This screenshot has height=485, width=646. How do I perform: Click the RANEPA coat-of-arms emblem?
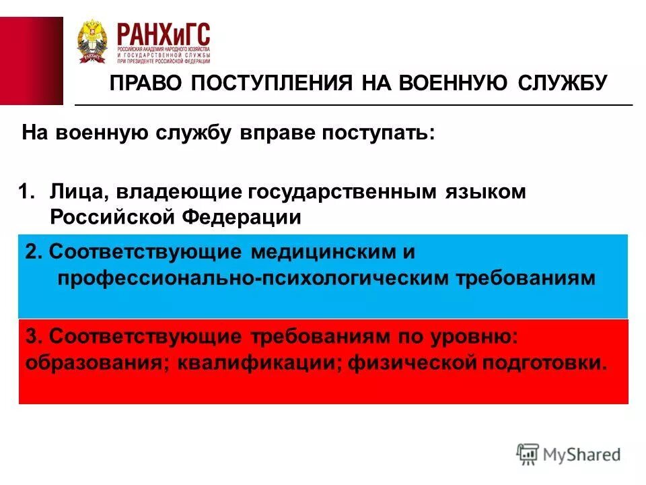tap(92, 42)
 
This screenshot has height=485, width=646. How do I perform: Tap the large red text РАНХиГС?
tap(164, 34)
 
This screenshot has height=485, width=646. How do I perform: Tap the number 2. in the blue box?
tap(34, 253)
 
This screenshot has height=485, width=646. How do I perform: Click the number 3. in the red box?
tap(34, 336)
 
